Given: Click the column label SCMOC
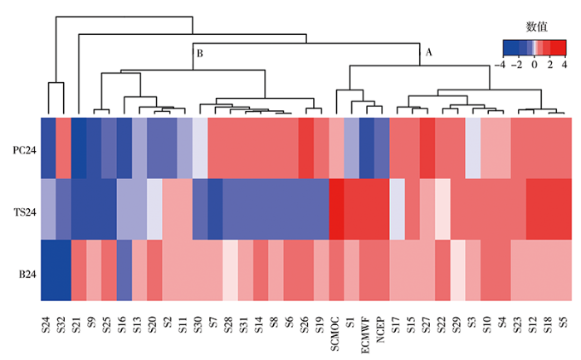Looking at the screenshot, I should click(x=336, y=329).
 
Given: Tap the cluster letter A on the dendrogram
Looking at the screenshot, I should click(x=429, y=51).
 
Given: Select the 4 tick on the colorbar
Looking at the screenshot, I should click(x=565, y=64).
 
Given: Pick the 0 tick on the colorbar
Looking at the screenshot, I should click(x=535, y=64).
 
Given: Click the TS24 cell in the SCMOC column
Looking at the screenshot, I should click(x=336, y=209).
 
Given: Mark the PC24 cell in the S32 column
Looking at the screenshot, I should click(x=63, y=148).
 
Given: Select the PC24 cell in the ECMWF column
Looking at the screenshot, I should click(x=366, y=148).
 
